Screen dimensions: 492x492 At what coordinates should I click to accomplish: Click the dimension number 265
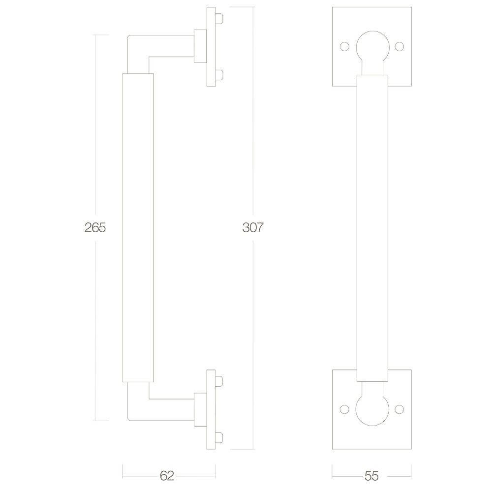95,227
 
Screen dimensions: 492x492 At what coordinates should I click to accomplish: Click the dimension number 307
253,227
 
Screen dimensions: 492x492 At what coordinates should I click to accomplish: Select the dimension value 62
167,476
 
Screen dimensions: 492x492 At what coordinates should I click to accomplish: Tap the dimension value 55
372,476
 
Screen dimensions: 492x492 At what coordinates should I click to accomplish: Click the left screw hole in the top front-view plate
344,47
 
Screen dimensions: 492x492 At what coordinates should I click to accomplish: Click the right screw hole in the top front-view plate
399,47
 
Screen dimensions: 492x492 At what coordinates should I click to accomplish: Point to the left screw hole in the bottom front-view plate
344,409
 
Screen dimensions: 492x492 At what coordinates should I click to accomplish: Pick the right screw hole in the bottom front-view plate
399,409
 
